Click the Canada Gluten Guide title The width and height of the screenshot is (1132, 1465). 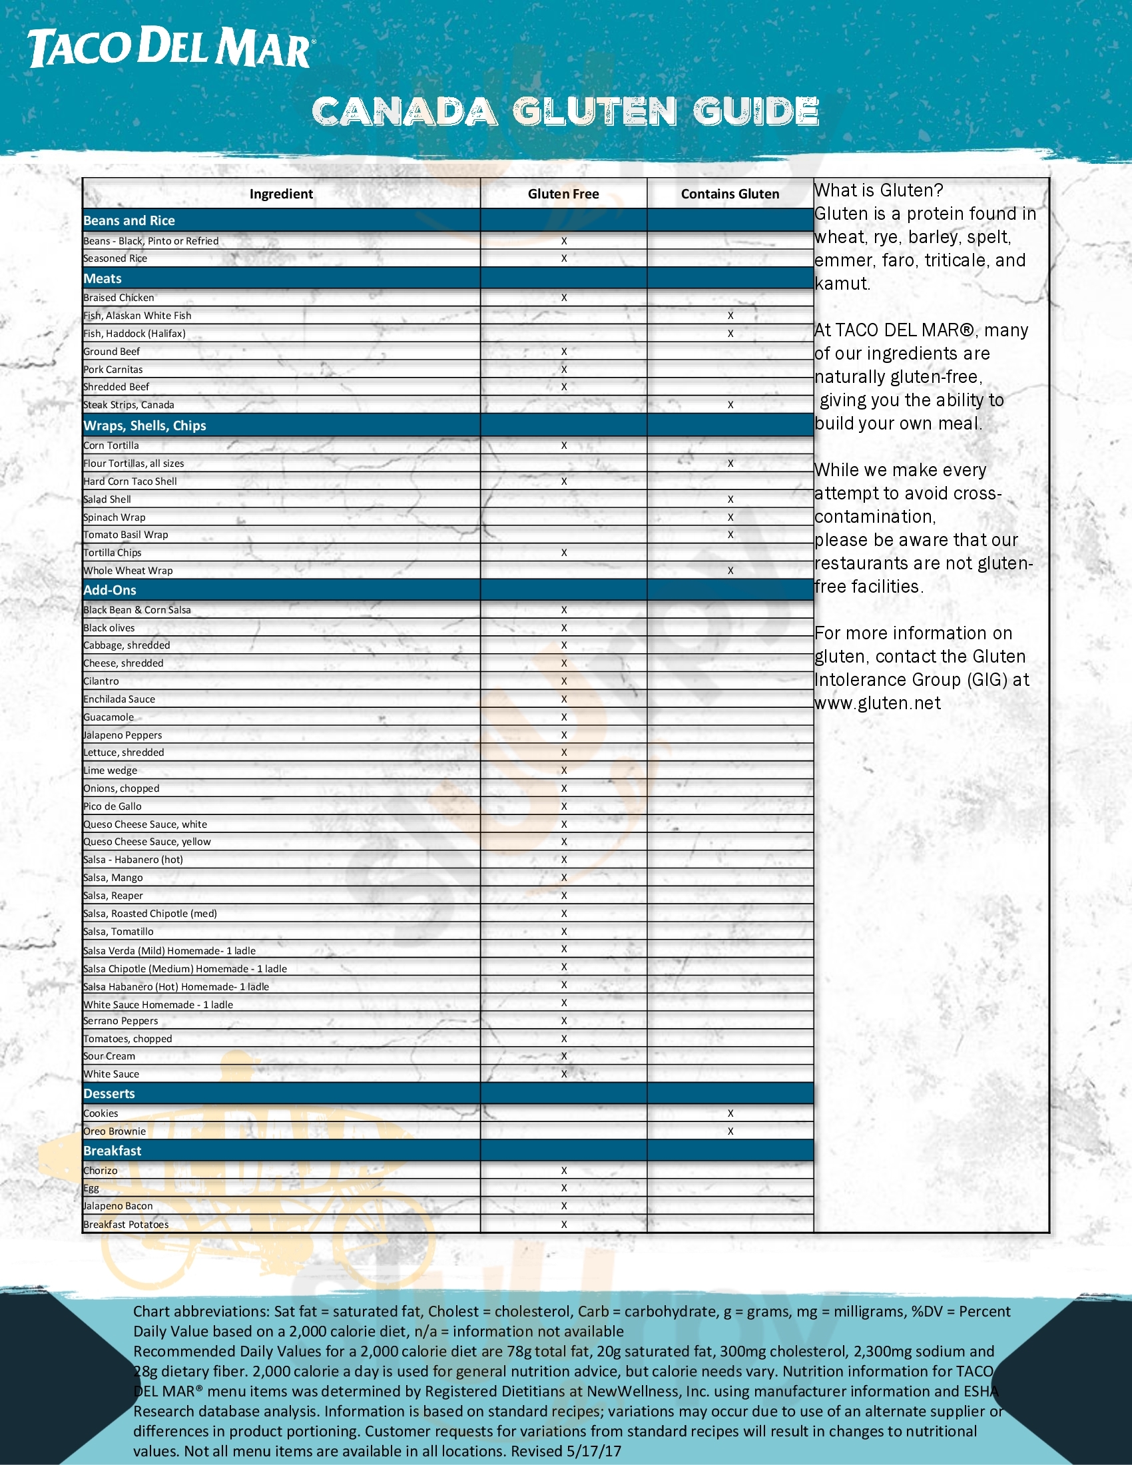565,111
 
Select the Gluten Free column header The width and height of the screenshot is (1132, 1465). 563,194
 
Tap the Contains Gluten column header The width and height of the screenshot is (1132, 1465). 730,194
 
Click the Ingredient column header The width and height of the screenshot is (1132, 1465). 281,194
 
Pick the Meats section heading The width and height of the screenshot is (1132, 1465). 103,278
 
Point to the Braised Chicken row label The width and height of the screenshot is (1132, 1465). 119,298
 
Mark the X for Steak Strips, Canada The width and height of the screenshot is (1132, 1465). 730,405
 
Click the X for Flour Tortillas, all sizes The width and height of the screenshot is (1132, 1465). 730,463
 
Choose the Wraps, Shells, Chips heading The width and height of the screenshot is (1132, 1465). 145,426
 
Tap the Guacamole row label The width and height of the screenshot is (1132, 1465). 109,717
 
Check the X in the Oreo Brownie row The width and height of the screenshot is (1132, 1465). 730,1131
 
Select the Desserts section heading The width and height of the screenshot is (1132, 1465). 109,1094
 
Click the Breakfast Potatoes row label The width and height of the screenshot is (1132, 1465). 126,1225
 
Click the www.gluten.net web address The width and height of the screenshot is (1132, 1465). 877,704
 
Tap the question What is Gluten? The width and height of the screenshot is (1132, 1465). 878,191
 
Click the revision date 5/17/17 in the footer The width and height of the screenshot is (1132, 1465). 594,1452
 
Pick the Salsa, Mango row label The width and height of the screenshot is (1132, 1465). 113,878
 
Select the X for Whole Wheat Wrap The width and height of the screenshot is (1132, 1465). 730,571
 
